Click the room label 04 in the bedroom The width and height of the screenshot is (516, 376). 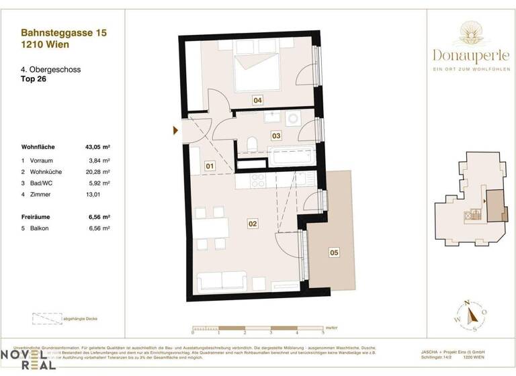click(257, 100)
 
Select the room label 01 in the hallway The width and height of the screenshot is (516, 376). click(210, 165)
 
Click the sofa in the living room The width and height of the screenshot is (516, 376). click(226, 280)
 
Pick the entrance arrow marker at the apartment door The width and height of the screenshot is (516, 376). click(175, 130)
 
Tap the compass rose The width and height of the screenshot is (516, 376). click(474, 314)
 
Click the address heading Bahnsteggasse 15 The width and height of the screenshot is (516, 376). click(64, 32)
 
